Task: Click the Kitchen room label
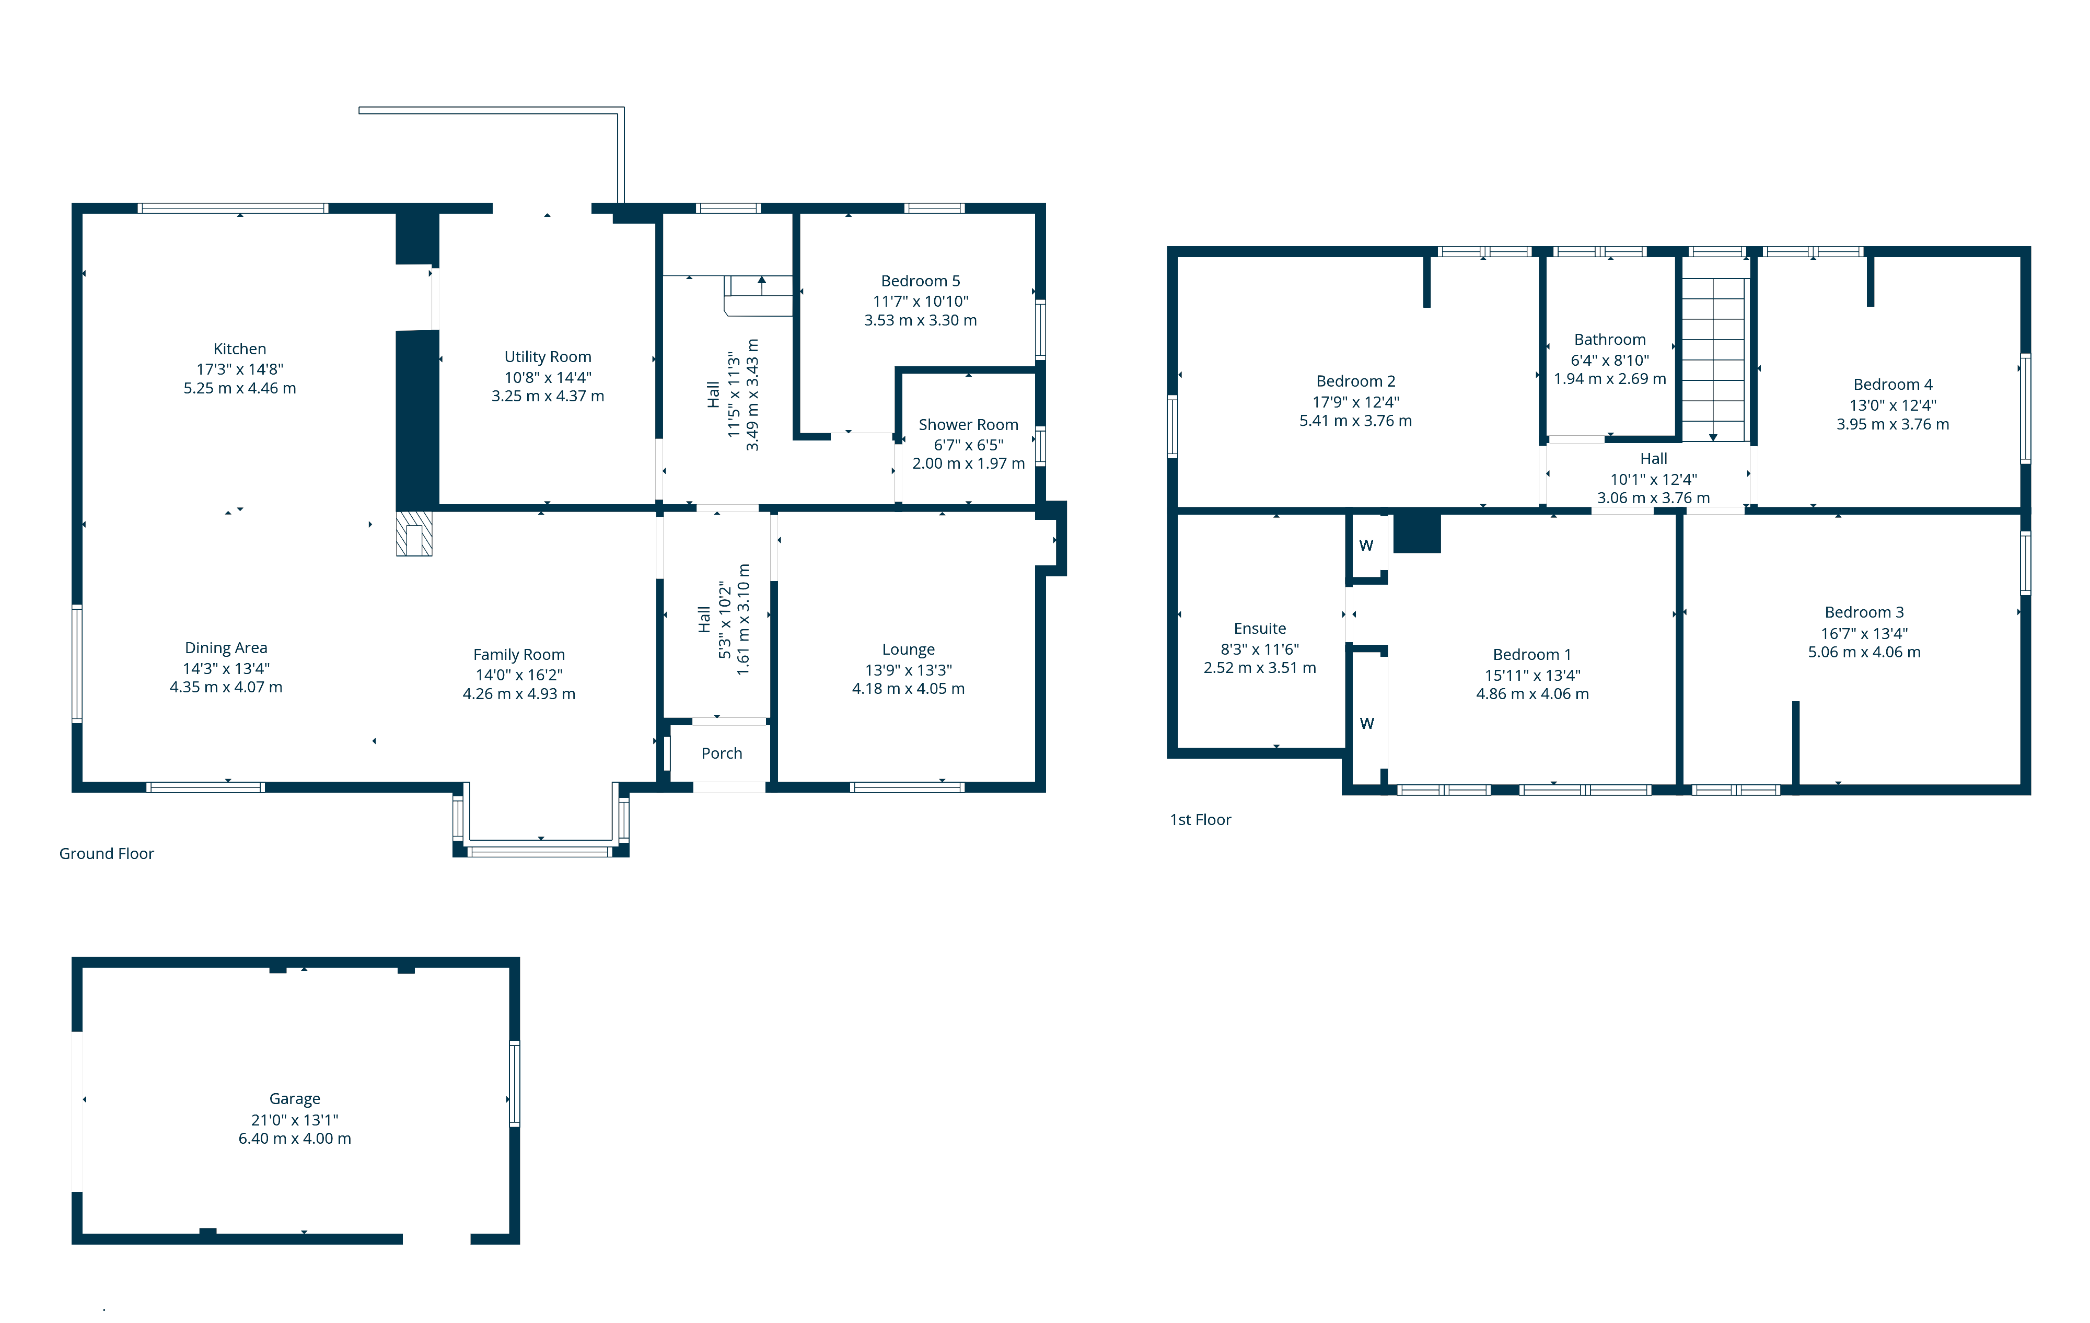pos(239,349)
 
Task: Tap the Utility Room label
pos(548,357)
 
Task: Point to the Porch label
pos(721,753)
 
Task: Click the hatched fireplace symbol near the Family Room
pos(414,533)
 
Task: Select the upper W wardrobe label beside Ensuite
pos(1366,545)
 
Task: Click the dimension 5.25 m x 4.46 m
pos(239,388)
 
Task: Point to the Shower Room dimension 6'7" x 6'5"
pos(969,445)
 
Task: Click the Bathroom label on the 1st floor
pos(1610,340)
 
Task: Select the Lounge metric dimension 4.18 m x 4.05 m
pos(908,689)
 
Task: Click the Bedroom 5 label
pos(920,281)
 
